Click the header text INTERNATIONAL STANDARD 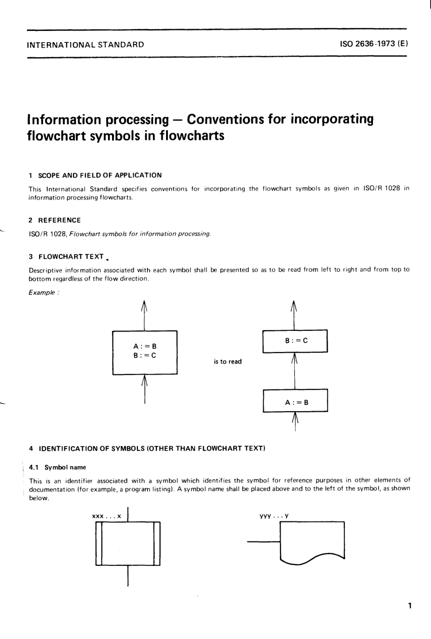(86, 44)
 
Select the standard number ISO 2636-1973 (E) (374, 44)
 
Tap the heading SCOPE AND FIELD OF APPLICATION (99, 175)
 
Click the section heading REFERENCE (59, 220)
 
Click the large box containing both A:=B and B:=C (145, 352)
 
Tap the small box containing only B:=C (295, 341)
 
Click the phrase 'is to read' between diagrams (228, 362)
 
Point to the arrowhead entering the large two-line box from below (145, 380)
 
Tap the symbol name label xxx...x (107, 516)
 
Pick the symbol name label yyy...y (274, 516)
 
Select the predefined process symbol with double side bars (128, 543)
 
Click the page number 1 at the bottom (409, 605)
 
